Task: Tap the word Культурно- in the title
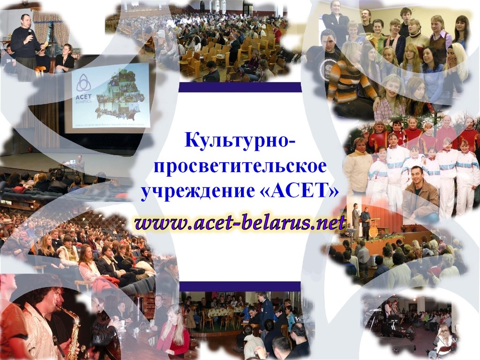[240, 139]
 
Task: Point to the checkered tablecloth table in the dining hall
[220, 312]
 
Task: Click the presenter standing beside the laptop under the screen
[80, 164]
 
